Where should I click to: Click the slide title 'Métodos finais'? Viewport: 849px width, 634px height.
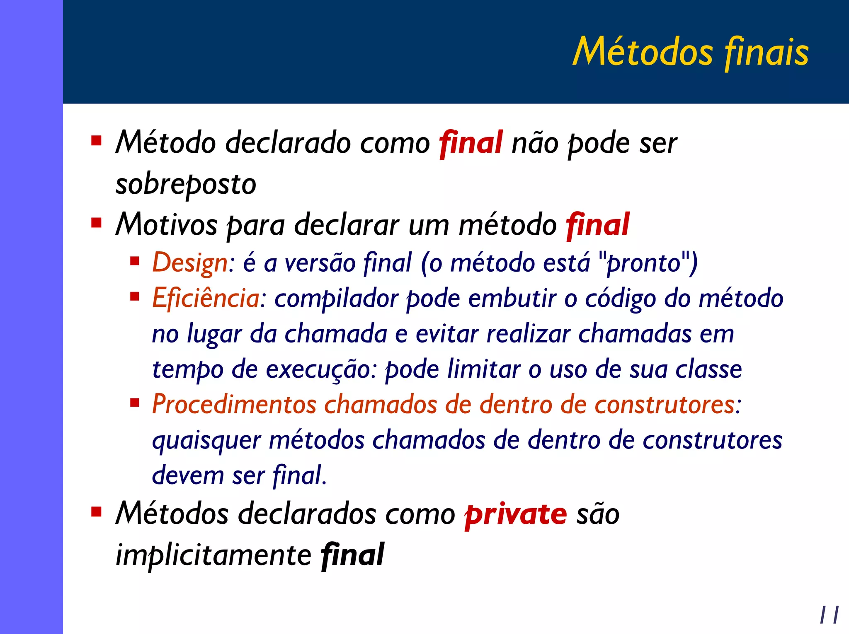[x=690, y=52]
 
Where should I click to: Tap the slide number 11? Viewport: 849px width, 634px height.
[x=829, y=615]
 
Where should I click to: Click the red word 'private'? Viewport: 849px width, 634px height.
[x=515, y=515]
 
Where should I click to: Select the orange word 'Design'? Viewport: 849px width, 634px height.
[x=189, y=263]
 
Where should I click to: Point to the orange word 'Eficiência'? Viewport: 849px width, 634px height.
[x=206, y=298]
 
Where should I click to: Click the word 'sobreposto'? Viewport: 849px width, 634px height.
[x=186, y=185]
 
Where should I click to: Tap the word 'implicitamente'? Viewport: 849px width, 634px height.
[x=213, y=555]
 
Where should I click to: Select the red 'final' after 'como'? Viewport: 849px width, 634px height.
[x=471, y=143]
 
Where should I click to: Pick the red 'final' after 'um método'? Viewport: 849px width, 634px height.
[x=597, y=225]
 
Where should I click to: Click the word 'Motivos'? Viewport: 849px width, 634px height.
[x=166, y=225]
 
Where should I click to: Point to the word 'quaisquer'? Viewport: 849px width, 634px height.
[x=206, y=441]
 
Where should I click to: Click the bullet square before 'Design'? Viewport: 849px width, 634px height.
[x=134, y=261]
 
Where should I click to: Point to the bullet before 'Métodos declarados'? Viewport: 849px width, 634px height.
[x=96, y=513]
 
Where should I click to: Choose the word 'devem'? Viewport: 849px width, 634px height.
[x=188, y=475]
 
